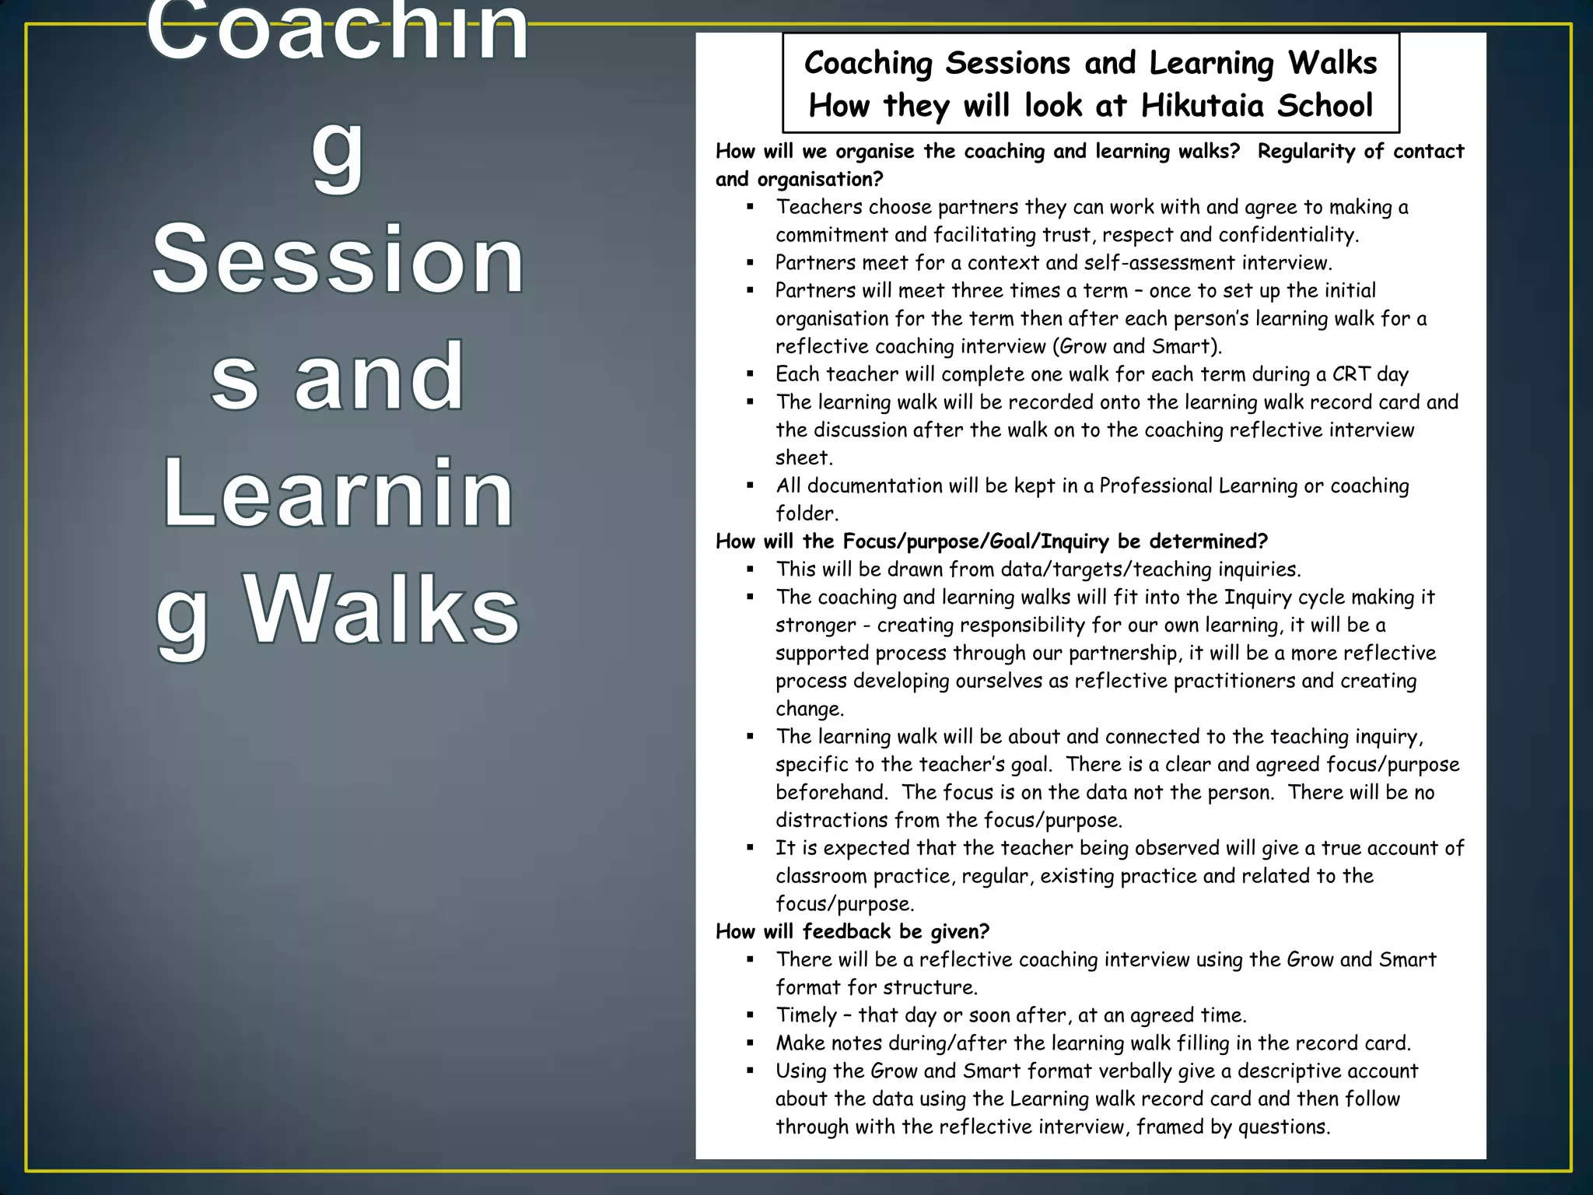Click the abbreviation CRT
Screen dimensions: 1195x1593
pos(1351,374)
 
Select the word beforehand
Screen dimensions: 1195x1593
pos(831,793)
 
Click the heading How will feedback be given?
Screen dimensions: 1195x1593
pos(853,932)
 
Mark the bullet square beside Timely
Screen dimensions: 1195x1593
pos(750,1015)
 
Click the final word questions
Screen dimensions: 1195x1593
pos(1283,1127)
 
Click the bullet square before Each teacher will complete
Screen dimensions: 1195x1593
pos(750,374)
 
